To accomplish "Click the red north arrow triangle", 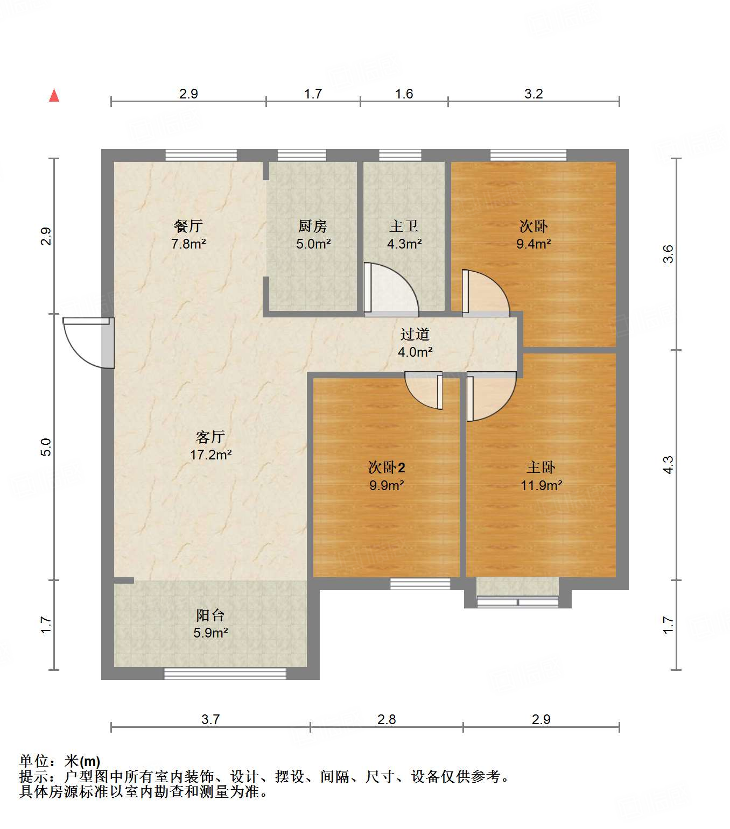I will pyautogui.click(x=54, y=95).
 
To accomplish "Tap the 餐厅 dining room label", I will pyautogui.click(x=188, y=226).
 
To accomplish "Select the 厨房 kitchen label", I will pyautogui.click(x=313, y=226).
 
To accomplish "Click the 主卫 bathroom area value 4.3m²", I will pyautogui.click(x=404, y=244).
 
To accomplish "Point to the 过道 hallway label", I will pyautogui.click(x=415, y=334).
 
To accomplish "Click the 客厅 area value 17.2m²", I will pyautogui.click(x=210, y=455).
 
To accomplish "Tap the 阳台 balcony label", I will pyautogui.click(x=210, y=615).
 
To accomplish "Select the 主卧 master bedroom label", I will pyautogui.click(x=541, y=467).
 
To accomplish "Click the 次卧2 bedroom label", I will pyautogui.click(x=387, y=467).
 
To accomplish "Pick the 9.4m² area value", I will pyautogui.click(x=534, y=244).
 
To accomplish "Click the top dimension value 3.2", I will pyautogui.click(x=534, y=94).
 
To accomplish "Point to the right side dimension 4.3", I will pyautogui.click(x=668, y=464).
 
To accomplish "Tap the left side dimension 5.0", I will pyautogui.click(x=46, y=447).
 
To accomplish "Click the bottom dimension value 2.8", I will pyautogui.click(x=387, y=719).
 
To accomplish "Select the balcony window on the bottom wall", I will pyautogui.click(x=225, y=673).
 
